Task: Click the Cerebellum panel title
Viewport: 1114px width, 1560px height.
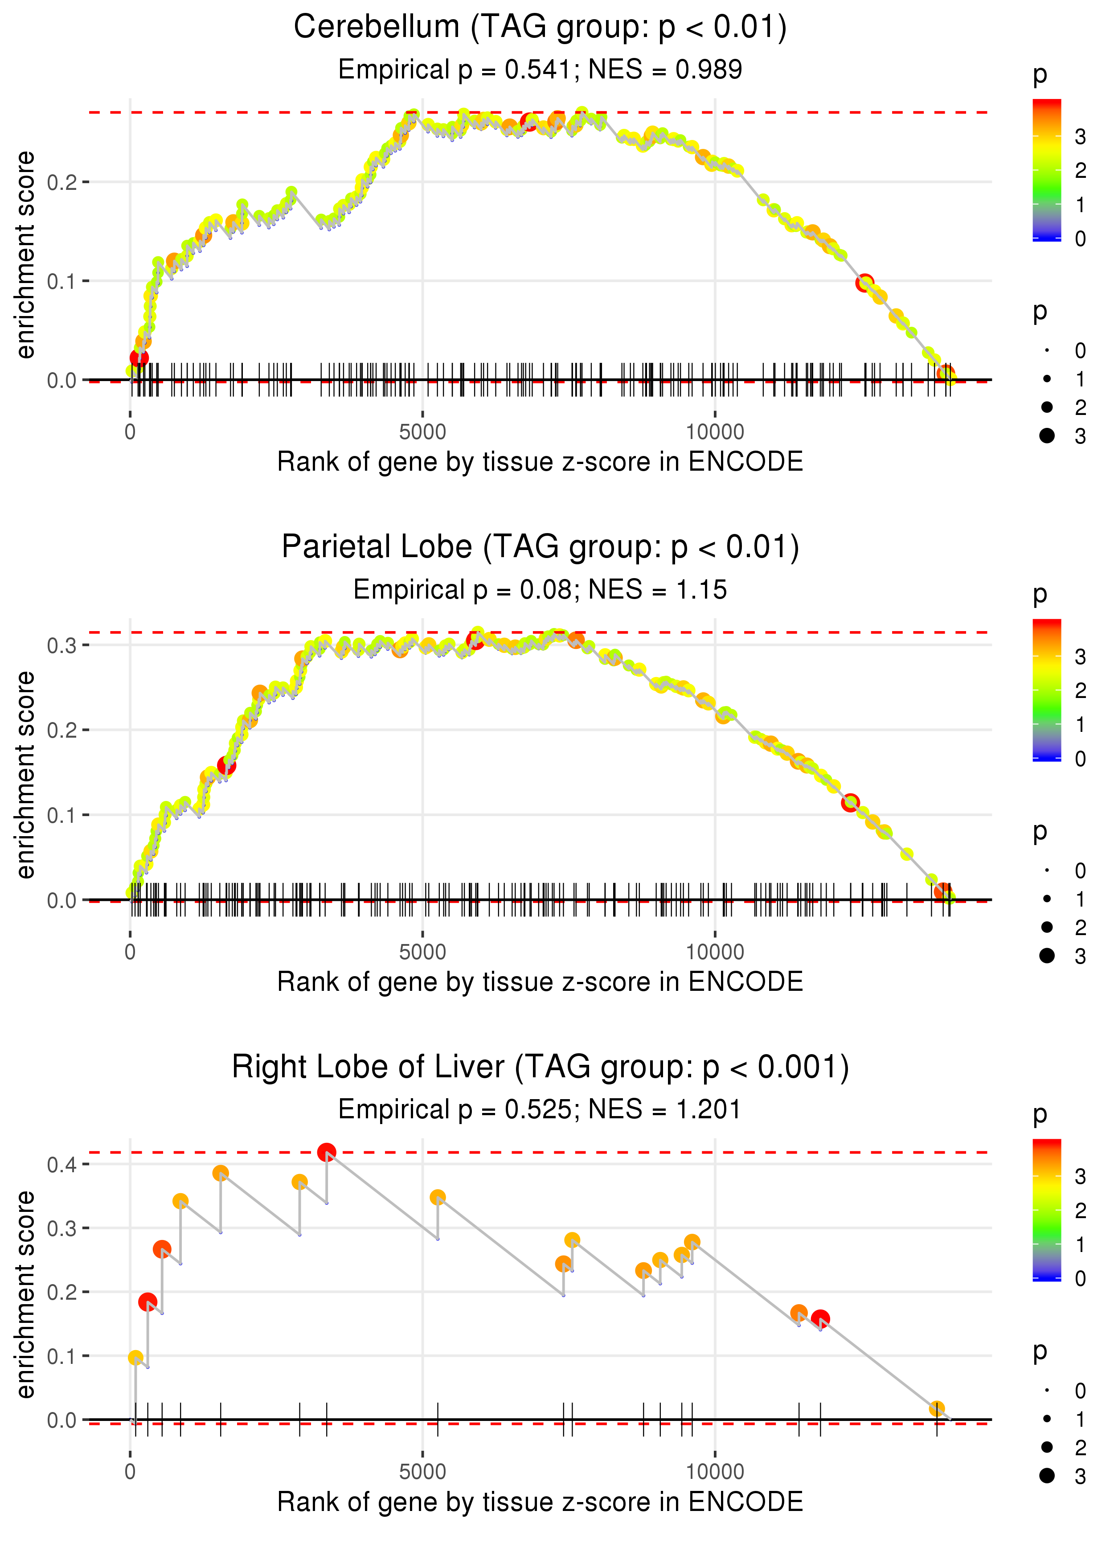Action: click(540, 28)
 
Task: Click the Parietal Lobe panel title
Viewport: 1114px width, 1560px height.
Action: click(540, 547)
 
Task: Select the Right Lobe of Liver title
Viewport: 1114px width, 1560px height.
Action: click(540, 1067)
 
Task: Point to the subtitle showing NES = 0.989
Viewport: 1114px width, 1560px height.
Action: click(540, 70)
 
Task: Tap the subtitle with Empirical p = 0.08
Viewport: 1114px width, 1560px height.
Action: click(540, 590)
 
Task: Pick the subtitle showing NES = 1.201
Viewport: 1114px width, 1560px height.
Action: click(540, 1109)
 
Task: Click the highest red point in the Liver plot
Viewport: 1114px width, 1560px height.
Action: click(327, 1153)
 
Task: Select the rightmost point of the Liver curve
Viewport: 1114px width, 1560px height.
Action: click(936, 1409)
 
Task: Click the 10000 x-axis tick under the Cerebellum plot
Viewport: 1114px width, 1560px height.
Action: click(715, 432)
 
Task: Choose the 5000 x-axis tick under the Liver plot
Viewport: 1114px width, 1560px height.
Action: click(422, 1472)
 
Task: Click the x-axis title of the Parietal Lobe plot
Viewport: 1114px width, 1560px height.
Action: click(540, 982)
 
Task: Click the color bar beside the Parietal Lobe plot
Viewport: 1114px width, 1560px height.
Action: click(1047, 690)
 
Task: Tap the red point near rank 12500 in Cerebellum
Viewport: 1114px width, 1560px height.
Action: click(864, 283)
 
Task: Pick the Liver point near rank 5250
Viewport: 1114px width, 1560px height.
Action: click(438, 1198)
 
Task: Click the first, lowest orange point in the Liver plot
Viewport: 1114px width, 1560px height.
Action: click(136, 1358)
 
